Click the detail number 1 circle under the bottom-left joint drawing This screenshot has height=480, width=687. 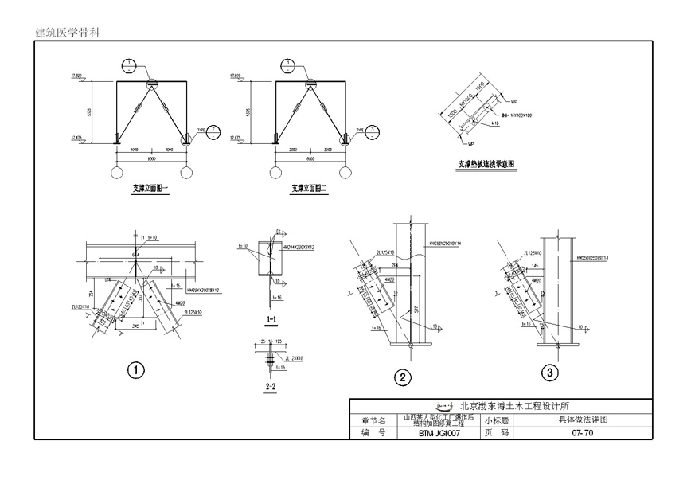(137, 370)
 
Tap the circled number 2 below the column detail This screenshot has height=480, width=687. (404, 377)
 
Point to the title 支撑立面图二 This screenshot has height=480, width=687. (310, 189)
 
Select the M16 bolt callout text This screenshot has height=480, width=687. (494, 124)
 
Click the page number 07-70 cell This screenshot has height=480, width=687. (582, 434)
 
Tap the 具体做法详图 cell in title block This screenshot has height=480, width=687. (582, 420)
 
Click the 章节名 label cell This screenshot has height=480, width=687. (373, 420)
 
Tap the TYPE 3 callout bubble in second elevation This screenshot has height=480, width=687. (372, 132)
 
